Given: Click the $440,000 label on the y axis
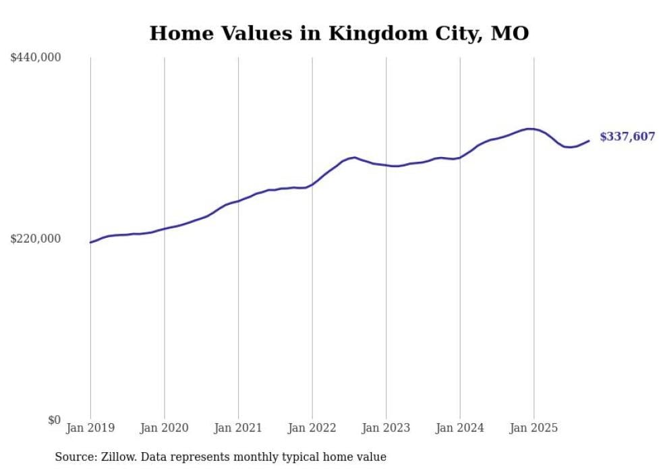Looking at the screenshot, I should point(36,58).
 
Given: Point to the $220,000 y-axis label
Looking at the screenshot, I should point(36,239).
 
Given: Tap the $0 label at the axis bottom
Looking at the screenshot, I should point(54,420).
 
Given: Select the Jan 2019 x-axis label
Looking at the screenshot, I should point(90,428).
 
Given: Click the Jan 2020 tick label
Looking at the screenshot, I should point(164,428).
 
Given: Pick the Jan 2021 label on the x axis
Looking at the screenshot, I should point(238,428).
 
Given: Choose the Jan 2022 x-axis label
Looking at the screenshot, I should point(312,428).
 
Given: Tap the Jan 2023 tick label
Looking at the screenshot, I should point(386,428).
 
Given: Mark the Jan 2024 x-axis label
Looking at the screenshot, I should point(459,428).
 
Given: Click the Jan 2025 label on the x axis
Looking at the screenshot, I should point(534,428).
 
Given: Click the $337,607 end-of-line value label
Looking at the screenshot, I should point(627,137).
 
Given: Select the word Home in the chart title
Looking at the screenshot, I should point(177,33).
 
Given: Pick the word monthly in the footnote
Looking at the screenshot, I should point(270,457).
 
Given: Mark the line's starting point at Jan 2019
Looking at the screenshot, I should point(90,243).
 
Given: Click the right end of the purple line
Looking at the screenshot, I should point(589,141).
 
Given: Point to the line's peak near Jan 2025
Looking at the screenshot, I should point(530,129).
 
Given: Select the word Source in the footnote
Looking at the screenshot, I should point(74,457).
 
